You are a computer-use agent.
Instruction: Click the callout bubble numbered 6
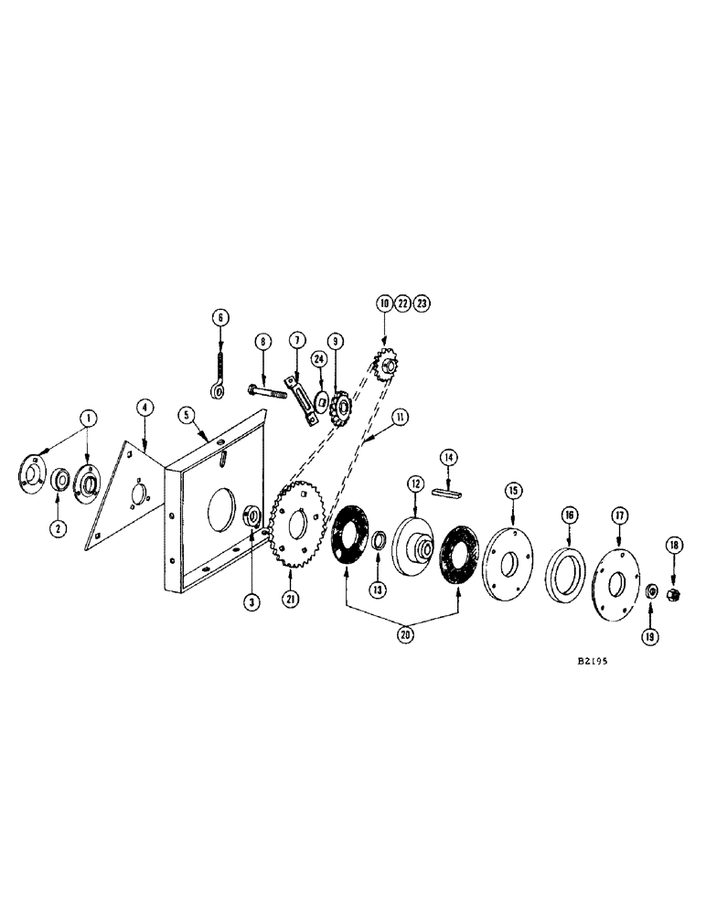(219, 317)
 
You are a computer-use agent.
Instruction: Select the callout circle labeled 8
(263, 342)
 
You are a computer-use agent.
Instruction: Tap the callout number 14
(448, 455)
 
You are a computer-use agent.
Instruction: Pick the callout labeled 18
(674, 545)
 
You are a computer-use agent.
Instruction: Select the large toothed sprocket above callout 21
(299, 531)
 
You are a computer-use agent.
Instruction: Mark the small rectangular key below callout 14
(448, 493)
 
